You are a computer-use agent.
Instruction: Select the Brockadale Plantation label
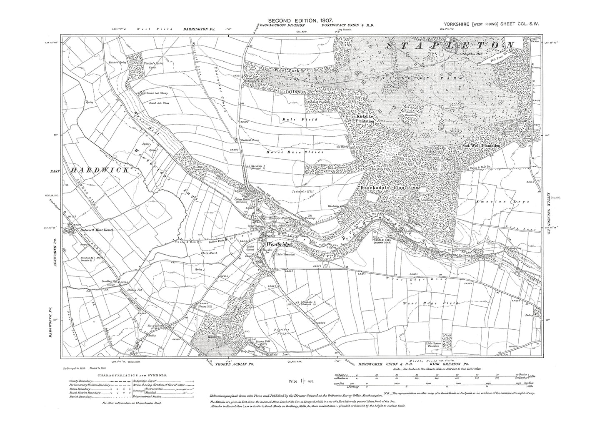point(388,188)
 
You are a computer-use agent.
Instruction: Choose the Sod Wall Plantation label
point(481,145)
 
